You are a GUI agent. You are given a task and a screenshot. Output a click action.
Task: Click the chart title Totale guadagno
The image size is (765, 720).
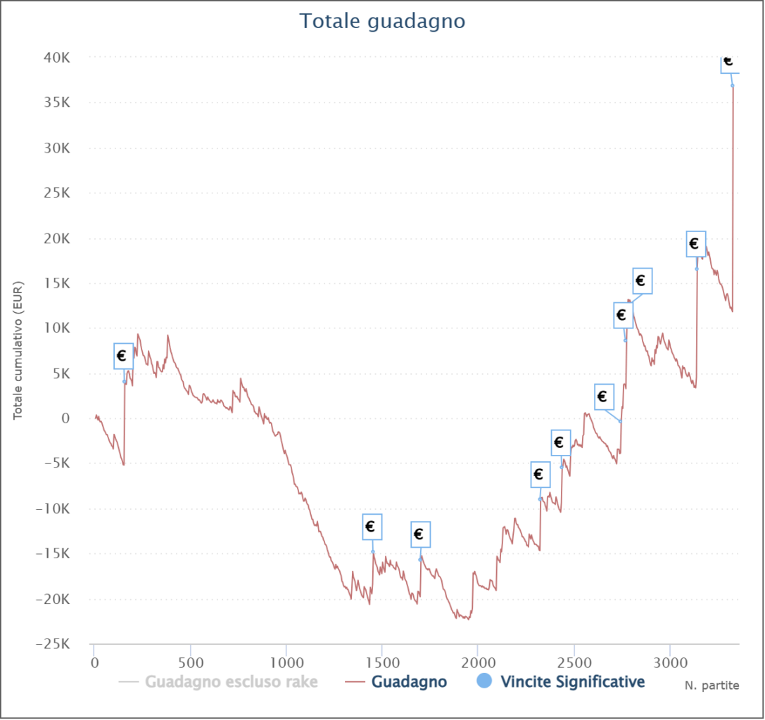pos(382,21)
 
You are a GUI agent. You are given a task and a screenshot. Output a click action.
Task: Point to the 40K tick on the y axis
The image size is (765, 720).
pos(56,58)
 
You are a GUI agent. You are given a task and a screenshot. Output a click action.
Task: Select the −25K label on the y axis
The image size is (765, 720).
pos(53,644)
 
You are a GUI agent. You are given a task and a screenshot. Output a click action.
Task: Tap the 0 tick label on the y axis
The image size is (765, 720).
pos(66,418)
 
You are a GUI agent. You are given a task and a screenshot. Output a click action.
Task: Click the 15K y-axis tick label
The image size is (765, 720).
pos(56,283)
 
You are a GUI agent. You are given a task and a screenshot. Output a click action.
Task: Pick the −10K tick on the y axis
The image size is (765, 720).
pos(53,509)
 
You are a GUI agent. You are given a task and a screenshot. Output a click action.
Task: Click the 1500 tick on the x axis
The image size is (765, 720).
pos(381,663)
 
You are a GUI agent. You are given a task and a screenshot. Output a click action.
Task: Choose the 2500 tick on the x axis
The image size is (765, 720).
pos(574,663)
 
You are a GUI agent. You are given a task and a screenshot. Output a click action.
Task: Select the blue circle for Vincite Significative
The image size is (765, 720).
pos(484,681)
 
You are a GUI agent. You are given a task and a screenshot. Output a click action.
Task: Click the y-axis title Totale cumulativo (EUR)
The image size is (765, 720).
pos(19,352)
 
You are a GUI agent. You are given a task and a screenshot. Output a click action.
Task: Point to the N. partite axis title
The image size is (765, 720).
pos(712,684)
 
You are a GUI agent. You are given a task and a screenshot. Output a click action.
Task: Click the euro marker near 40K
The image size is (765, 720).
pos(729,63)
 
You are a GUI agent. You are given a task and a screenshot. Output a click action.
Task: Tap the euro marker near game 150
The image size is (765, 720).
pos(124,356)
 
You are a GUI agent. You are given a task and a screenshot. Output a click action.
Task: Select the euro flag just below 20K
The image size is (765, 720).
pos(695,244)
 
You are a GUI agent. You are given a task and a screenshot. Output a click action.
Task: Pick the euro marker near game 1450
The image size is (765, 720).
pos(372,526)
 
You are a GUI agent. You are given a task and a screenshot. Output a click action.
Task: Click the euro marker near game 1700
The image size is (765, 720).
pos(420,534)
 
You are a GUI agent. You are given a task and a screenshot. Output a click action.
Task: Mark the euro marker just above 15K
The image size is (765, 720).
pos(641,281)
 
